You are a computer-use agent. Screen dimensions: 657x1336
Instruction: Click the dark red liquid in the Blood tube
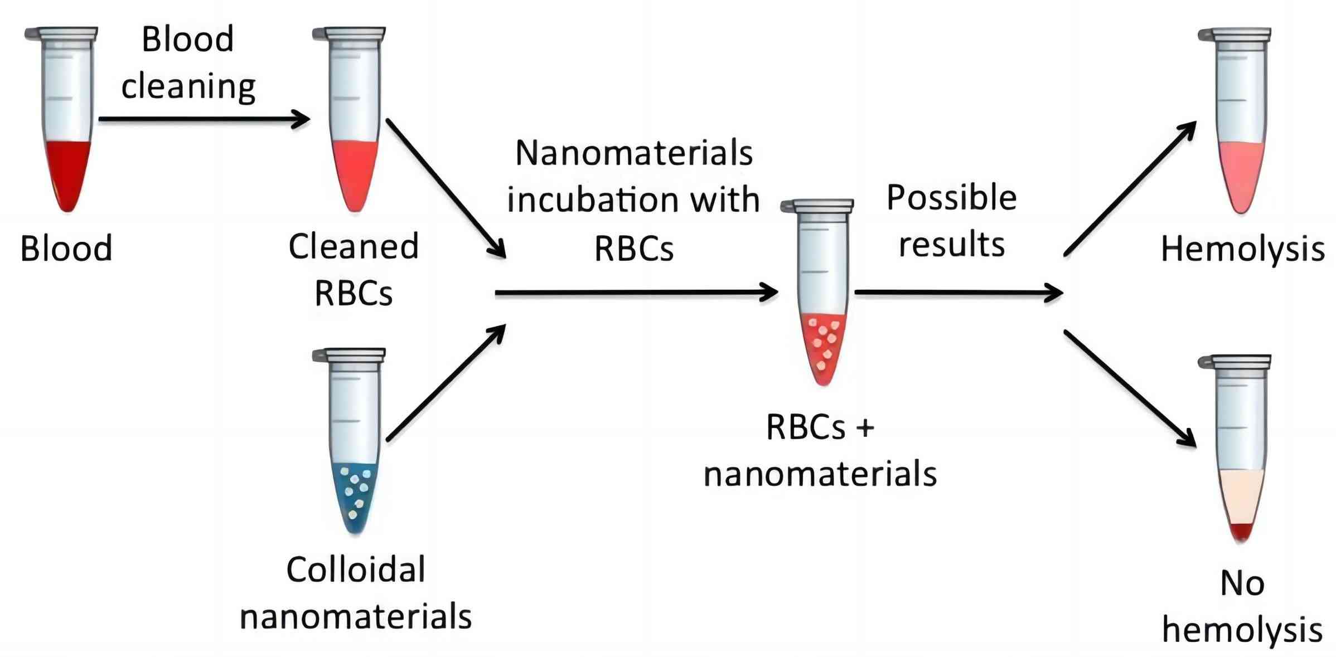[67, 170]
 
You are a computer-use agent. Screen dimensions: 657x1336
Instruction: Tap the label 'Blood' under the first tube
[66, 249]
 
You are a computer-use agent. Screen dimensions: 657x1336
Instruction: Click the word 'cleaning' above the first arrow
[188, 87]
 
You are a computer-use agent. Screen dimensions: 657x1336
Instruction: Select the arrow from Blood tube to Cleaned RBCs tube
[204, 119]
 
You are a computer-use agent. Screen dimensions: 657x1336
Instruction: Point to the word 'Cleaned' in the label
[354, 247]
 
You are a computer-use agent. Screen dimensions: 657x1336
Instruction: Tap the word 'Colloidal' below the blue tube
[356, 570]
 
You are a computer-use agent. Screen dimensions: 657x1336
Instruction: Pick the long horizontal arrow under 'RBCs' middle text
[636, 292]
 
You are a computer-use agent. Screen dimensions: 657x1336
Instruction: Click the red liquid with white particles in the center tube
[823, 345]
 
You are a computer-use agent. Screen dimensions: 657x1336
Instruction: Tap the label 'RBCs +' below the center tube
[820, 427]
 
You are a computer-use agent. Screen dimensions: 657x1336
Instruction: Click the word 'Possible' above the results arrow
[951, 198]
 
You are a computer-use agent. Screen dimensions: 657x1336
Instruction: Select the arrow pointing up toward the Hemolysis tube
[1129, 189]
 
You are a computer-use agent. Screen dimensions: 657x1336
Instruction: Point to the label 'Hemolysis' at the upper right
[1242, 249]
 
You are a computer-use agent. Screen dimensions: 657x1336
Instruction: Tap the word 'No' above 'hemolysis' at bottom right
[1242, 584]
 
